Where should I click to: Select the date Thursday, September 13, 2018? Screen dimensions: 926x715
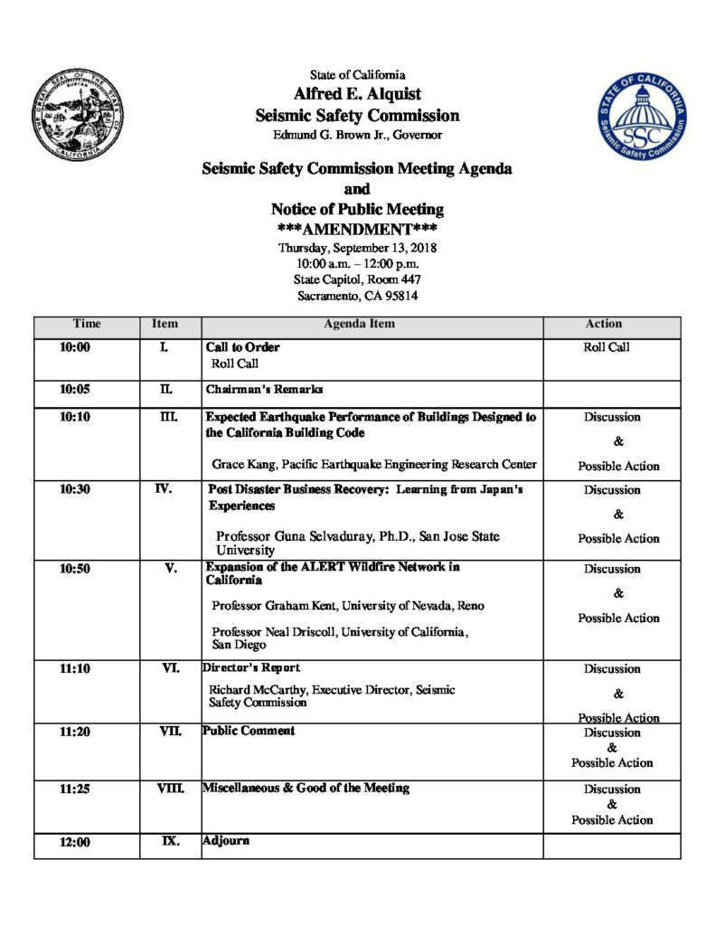[x=357, y=248]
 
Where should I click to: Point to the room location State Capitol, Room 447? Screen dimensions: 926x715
[x=357, y=279]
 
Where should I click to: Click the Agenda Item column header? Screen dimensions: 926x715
[x=372, y=324]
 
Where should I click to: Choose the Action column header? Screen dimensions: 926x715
[x=603, y=324]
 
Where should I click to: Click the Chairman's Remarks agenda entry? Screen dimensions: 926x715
[x=264, y=390]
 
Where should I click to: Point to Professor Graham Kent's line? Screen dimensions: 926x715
[x=343, y=605]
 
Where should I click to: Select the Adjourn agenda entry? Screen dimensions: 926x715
[x=225, y=841]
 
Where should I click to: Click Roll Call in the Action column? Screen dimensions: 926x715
[x=607, y=347]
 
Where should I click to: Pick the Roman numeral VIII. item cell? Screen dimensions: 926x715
[x=169, y=789]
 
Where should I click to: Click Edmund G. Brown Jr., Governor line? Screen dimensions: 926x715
[x=357, y=136]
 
